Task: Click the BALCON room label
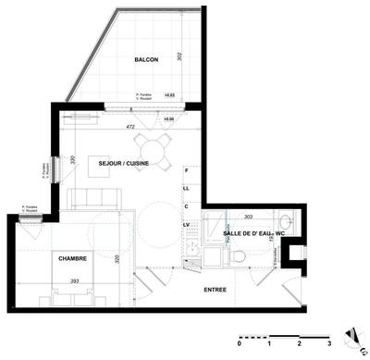tap(146, 59)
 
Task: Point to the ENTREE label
tap(216, 290)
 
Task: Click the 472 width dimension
tap(130, 126)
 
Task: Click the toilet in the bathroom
tap(286, 223)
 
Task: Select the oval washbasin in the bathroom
tap(237, 256)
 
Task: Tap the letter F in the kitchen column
tap(186, 171)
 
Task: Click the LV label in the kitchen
tap(186, 224)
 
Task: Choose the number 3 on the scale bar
tap(328, 343)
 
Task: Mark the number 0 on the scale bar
tap(239, 343)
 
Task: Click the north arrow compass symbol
tap(352, 335)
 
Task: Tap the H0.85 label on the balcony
tap(169, 94)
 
